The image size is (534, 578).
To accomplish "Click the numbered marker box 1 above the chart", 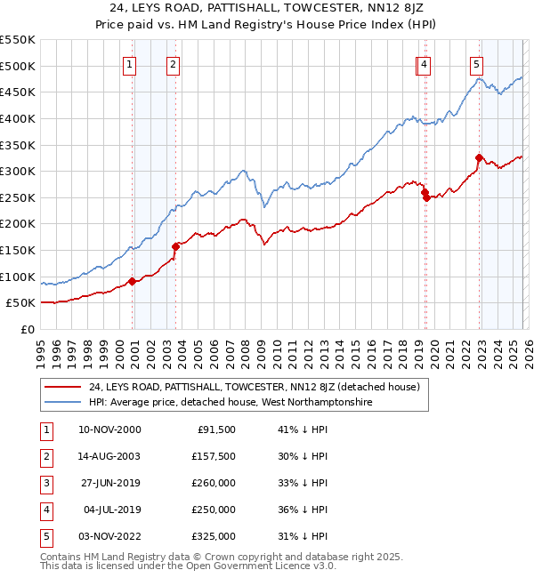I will pos(130,64).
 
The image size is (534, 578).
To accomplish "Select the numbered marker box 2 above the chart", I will pos(173,64).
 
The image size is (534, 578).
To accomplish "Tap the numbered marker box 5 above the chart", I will pos(477,64).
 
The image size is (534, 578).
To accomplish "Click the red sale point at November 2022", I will pos(479,158).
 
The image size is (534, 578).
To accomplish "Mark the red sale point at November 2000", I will pos(133,281).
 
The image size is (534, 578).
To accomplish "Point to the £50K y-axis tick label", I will pos(21,303).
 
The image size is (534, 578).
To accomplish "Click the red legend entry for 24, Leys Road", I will pos(260,387).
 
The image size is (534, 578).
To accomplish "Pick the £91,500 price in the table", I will pos(214,429).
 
